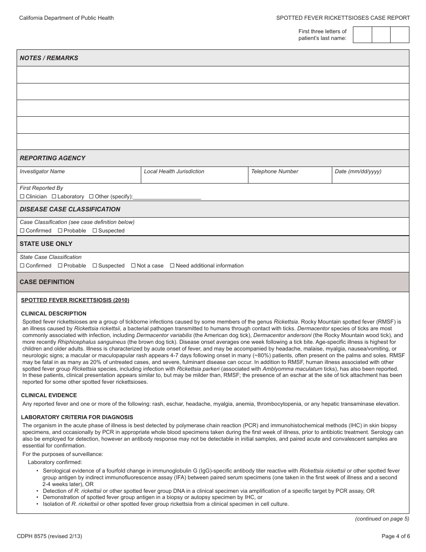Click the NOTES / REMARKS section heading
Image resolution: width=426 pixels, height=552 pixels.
pyautogui.click(x=49, y=58)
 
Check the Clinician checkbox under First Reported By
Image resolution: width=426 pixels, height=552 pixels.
pyautogui.click(x=22, y=197)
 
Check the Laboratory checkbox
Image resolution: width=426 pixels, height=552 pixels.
pyautogui.click(x=54, y=197)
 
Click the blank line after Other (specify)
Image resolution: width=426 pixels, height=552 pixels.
pyautogui.click(x=167, y=197)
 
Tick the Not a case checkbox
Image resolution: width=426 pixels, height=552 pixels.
pyautogui.click(x=133, y=266)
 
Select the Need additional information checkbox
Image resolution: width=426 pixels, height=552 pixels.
pyautogui.click(x=172, y=266)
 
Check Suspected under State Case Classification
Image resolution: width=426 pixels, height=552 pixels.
pyautogui.click(x=95, y=266)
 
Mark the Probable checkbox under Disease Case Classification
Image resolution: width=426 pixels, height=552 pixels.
pyautogui.click(x=60, y=231)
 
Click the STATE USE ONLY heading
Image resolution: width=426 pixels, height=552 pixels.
pyautogui.click(x=46, y=244)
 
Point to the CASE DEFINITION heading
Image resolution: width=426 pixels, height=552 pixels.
pyautogui.click(x=47, y=282)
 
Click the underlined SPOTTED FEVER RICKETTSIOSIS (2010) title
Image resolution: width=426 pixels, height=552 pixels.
pyautogui.click(x=75, y=300)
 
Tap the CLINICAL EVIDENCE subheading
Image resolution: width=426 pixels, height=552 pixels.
pyautogui.click(x=49, y=395)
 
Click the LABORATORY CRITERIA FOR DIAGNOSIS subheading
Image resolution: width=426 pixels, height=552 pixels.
pyautogui.click(x=77, y=417)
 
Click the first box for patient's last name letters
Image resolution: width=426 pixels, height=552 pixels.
pyautogui.click(x=362, y=35)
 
